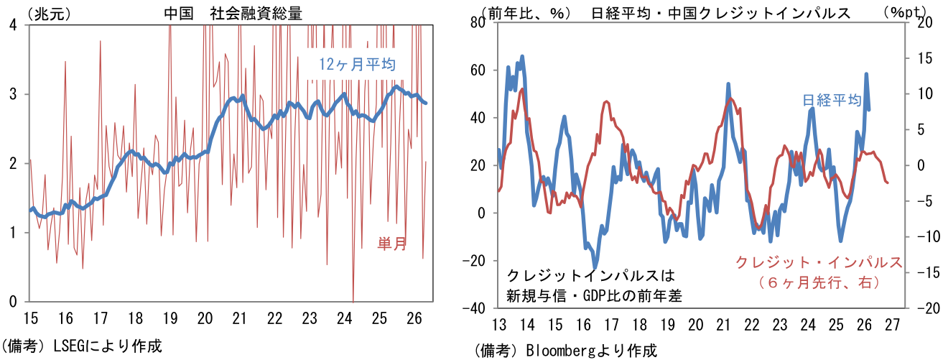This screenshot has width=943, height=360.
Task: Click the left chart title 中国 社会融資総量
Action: pos(233,14)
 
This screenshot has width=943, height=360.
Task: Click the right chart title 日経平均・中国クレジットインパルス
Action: pos(721,13)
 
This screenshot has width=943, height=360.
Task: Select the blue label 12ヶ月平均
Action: pos(357,64)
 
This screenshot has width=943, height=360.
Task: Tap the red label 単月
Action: pos(391,244)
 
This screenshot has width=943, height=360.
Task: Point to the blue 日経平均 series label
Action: pos(832,100)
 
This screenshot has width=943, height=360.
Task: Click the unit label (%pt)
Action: pos(903,12)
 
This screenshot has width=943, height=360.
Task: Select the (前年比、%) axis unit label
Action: pos(526,13)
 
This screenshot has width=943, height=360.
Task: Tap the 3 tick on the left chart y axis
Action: pos(13,94)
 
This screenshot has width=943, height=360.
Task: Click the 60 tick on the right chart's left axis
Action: pos(478,70)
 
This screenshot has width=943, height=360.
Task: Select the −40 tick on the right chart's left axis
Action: pos(475,309)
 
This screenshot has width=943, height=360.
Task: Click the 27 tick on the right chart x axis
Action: pos(892,325)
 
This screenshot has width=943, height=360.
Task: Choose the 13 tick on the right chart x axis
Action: pos(499,325)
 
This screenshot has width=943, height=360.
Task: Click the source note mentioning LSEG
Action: pos(82,346)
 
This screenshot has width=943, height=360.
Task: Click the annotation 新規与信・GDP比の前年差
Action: pos(593,296)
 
